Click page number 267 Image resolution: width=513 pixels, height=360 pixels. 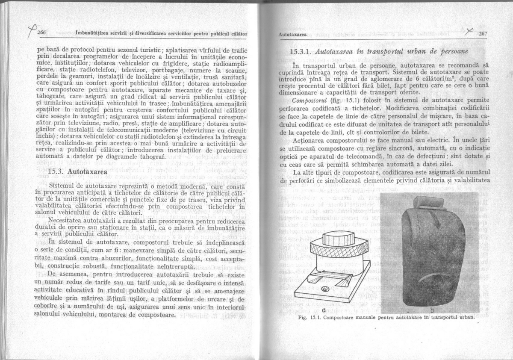pos(484,34)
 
